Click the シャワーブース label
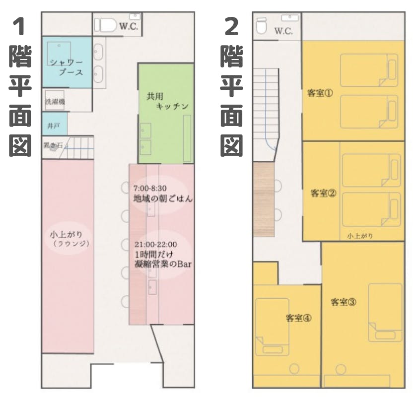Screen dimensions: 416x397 67,67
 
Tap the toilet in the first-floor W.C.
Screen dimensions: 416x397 106,25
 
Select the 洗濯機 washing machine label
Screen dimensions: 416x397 55,102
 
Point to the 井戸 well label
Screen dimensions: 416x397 54,126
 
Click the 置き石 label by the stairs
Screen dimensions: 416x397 53,145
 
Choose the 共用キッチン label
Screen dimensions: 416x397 168,101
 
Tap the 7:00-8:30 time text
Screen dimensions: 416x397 150,188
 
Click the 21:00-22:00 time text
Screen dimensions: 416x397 156,244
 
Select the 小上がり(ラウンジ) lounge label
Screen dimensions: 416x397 70,239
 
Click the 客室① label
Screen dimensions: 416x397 320,93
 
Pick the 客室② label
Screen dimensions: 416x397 323,193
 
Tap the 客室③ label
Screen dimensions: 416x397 344,302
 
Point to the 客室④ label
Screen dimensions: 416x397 299,318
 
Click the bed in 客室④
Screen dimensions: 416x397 272,327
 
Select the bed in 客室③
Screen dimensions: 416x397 385,313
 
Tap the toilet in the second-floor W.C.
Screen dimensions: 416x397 262,25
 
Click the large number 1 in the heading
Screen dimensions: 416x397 19,27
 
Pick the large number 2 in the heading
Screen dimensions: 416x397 232,27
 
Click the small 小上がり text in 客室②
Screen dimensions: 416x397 360,236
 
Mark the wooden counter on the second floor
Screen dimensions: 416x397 264,199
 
